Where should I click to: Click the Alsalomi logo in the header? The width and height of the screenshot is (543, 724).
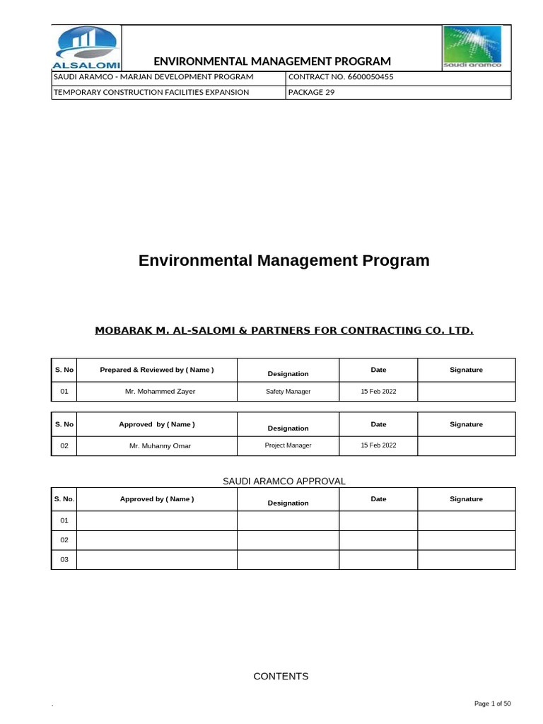pos(86,48)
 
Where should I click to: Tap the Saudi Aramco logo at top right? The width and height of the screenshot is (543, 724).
pos(472,47)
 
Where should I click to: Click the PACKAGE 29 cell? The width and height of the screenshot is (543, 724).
pos(311,92)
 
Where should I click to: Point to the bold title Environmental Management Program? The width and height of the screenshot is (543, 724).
pos(284,260)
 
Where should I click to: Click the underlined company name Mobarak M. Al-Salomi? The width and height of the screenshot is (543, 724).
pos(284,330)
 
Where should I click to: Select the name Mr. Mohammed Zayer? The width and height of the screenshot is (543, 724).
pos(157,391)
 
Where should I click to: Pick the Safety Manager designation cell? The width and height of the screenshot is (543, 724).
pos(288,391)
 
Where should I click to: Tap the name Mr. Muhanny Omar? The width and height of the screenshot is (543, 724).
pos(160,446)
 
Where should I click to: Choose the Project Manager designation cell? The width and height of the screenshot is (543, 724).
pos(288,445)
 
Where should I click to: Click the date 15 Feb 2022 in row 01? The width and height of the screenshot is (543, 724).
pos(378,391)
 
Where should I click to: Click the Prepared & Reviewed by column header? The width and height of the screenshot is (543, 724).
pos(157,370)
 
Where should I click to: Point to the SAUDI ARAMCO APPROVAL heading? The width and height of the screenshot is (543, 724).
pos(284,481)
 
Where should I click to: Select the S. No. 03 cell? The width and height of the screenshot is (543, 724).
pos(64,559)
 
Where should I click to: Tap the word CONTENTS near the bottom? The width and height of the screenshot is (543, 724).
pos(281,676)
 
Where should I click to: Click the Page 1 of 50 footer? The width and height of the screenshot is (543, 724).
pos(491,703)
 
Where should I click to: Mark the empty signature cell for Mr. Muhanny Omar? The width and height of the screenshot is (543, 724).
pos(466,446)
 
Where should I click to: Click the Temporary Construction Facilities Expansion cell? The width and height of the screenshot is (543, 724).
pos(151,92)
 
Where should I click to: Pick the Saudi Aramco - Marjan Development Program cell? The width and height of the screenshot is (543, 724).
pos(153,76)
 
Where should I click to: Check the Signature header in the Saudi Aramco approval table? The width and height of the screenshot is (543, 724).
pos(466,499)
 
